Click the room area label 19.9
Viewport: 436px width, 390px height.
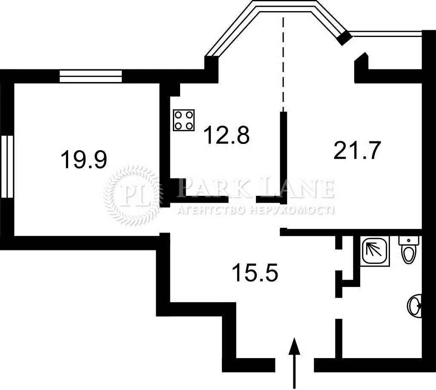pos(84,159)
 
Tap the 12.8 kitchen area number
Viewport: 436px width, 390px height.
pos(227,135)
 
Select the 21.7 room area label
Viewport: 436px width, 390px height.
pos(357,150)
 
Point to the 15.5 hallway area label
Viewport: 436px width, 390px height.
pos(255,272)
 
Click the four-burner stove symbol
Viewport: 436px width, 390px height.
pos(184,120)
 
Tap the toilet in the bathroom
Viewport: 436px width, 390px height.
pos(409,250)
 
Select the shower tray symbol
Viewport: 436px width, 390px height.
pos(375,251)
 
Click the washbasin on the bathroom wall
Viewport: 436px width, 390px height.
pos(415,306)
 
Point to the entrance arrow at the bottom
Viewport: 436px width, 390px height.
pos(294,362)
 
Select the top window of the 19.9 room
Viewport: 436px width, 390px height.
pos(91,76)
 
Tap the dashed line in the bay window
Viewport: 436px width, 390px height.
pos(283,64)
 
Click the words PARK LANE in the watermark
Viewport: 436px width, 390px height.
pos(256,188)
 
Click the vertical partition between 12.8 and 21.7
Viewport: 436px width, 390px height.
pos(283,158)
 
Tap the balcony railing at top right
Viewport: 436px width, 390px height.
pos(386,34)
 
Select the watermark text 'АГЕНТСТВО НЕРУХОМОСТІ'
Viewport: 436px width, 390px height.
pos(256,210)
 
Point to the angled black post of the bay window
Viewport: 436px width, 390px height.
pos(344,37)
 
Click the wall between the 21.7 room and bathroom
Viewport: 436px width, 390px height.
pos(351,232)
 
